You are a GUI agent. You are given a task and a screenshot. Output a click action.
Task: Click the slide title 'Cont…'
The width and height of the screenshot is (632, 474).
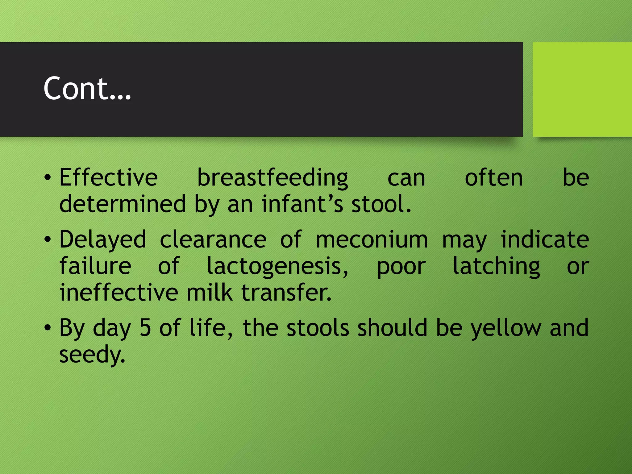click(x=87, y=89)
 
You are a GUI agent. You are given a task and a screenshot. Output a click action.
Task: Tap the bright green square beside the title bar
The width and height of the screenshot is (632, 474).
click(x=582, y=89)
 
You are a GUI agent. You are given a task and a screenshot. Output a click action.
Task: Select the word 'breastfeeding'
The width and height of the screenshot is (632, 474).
click(x=272, y=178)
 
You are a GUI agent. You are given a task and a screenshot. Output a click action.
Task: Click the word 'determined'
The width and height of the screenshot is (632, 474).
click(x=123, y=204)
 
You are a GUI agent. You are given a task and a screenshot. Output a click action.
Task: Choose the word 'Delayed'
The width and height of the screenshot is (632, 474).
click(x=103, y=240)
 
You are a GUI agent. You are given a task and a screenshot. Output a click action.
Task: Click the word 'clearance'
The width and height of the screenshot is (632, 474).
click(x=213, y=239)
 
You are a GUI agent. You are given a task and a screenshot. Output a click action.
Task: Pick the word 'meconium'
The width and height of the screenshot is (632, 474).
click(x=372, y=239)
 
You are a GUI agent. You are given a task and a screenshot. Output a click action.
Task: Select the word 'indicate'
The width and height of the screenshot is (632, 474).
click(x=545, y=239)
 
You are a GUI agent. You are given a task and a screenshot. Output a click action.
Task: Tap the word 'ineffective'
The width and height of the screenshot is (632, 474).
click(x=119, y=292)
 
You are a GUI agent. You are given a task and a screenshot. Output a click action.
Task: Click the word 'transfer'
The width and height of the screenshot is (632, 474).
click(x=286, y=292)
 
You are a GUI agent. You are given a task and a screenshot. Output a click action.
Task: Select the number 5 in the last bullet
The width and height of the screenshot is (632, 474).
click(x=145, y=328)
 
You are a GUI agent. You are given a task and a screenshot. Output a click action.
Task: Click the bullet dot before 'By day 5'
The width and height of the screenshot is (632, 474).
click(x=47, y=328)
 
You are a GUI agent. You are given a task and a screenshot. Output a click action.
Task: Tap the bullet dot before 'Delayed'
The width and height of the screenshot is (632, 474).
click(x=47, y=239)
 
